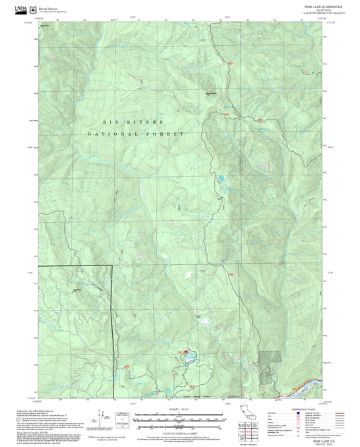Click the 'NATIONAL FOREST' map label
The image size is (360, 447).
(135, 134)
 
